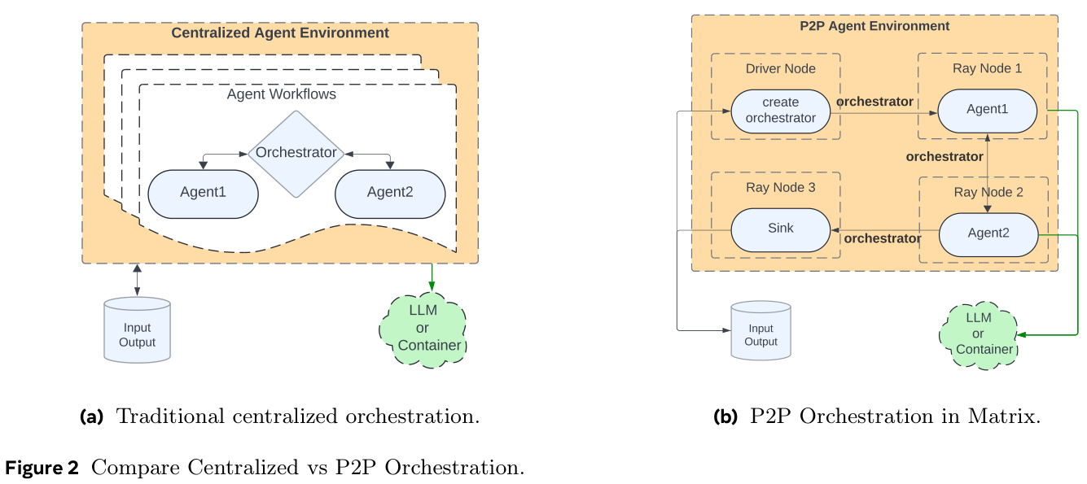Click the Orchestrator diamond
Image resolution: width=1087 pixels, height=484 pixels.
point(296,154)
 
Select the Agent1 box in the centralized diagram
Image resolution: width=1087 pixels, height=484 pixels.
point(203,194)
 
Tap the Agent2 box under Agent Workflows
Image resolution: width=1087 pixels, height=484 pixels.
point(391,194)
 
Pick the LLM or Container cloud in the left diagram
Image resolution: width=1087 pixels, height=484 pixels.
point(423,328)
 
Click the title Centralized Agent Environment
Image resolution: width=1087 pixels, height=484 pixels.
point(280,33)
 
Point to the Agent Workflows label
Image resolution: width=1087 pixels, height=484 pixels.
point(281,94)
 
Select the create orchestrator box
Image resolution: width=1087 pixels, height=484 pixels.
point(781,111)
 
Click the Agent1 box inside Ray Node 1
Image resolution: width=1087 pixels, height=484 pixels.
point(987,110)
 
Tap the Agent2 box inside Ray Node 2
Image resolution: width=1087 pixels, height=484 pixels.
point(988,233)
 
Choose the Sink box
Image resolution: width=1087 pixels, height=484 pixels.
point(780,229)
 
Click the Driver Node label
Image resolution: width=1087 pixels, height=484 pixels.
point(780,68)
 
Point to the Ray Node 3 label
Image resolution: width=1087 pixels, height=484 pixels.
point(780,188)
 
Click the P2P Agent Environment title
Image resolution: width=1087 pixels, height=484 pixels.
point(874,26)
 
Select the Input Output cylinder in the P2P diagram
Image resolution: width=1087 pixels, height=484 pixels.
point(760,331)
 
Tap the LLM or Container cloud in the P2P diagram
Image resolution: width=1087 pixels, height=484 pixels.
point(979,334)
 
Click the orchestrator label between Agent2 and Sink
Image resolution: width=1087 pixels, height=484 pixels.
point(882,239)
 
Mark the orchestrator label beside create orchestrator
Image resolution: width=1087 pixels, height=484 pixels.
point(874,102)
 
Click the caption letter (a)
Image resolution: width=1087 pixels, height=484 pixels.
point(91,417)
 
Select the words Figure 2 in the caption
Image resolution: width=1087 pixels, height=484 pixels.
point(42,469)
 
